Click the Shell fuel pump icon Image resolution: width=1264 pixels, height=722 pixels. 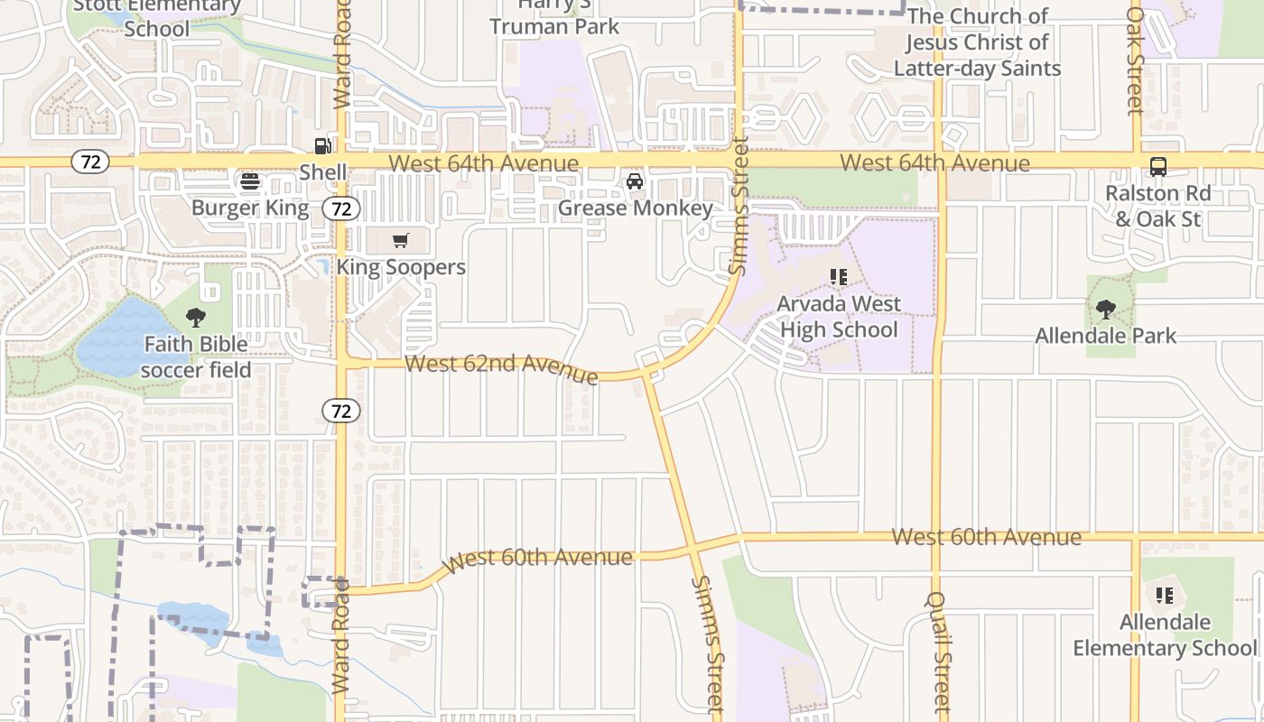(322, 146)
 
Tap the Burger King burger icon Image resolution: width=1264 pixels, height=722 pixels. (250, 180)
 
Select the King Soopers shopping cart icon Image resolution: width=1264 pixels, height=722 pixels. (401, 240)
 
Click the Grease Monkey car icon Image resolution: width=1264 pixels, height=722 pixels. (635, 181)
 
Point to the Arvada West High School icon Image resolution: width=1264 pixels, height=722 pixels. (839, 277)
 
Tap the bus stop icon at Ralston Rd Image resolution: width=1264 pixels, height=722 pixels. (1157, 167)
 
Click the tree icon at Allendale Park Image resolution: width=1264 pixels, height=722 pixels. (1106, 310)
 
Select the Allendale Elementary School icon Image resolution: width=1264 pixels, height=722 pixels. (1165, 596)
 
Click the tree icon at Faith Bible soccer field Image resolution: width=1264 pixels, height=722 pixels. (196, 318)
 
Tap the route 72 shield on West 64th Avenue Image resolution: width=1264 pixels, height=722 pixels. (89, 162)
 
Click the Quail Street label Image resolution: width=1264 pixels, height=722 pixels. (939, 652)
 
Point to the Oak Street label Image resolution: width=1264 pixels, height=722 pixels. (1135, 60)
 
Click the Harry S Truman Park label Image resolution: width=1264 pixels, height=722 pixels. (554, 16)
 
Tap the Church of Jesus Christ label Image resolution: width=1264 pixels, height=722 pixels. (977, 42)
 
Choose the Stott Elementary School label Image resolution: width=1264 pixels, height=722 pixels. (157, 17)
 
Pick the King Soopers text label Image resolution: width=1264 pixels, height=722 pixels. (401, 267)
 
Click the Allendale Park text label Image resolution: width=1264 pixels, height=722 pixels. (1106, 336)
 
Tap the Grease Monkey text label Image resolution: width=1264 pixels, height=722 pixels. (635, 208)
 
